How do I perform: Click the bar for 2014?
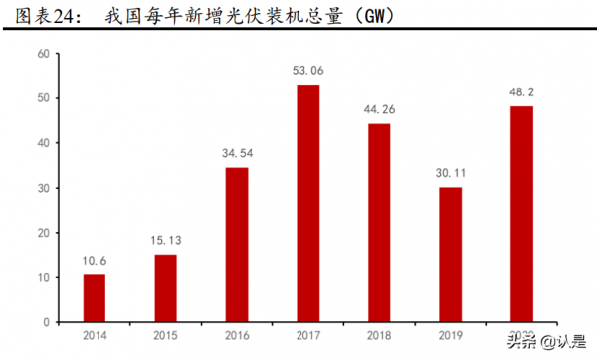click(x=94, y=298)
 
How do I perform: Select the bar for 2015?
click(x=165, y=288)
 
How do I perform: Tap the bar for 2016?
click(x=237, y=245)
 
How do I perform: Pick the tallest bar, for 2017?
click(x=308, y=203)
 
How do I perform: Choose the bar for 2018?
click(x=379, y=223)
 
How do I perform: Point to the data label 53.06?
click(x=308, y=72)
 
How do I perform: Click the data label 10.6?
click(x=94, y=262)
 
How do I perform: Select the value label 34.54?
click(x=237, y=154)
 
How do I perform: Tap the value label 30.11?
click(x=451, y=174)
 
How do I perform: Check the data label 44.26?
click(x=379, y=110)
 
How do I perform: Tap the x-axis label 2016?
click(x=237, y=336)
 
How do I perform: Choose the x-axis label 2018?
click(x=379, y=336)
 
